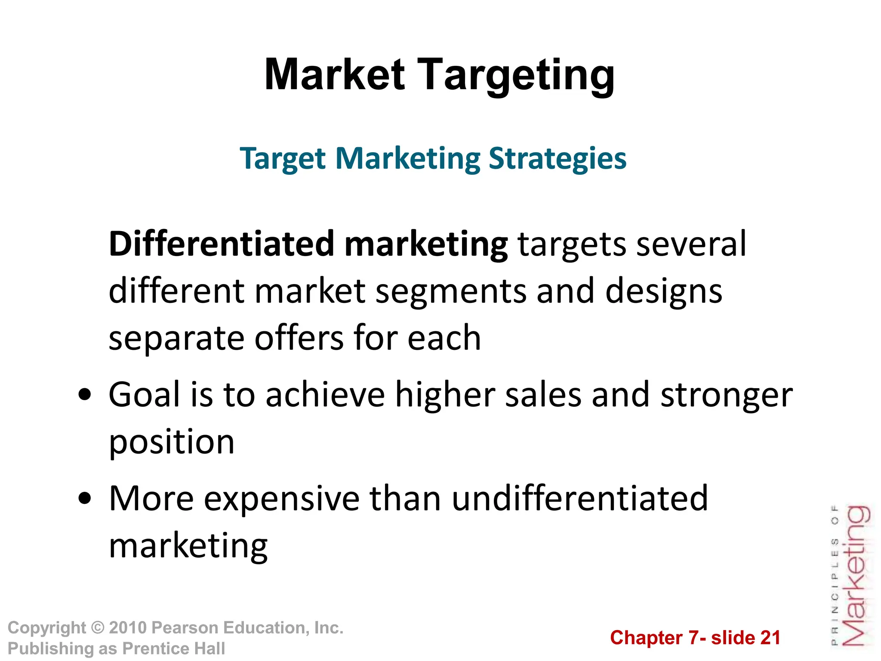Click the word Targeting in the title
[x=516, y=77]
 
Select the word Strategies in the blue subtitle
[x=558, y=159]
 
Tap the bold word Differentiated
[x=221, y=244]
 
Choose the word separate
[x=176, y=338]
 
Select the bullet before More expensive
[x=85, y=498]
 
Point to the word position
[x=172, y=442]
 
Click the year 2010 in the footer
[x=128, y=628]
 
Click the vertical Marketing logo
[x=855, y=577]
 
